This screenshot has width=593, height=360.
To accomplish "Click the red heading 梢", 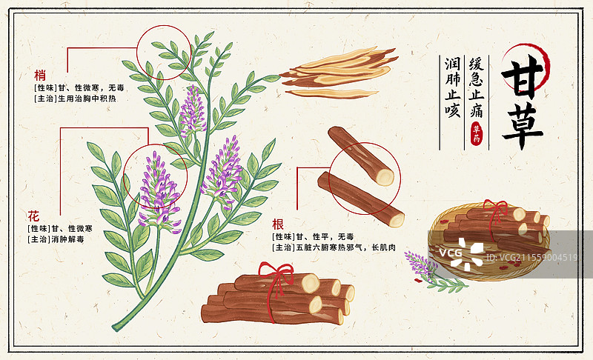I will point(39,74).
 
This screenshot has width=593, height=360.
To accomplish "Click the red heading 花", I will point(33,216).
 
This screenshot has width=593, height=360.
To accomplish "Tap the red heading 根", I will point(277,223).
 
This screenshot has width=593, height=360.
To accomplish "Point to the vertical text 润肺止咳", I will point(452,87).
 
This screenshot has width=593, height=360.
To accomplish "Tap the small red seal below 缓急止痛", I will point(476,134).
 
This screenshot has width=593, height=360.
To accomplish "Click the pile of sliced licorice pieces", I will point(337,73).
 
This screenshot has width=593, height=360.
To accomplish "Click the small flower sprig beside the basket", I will point(428,270).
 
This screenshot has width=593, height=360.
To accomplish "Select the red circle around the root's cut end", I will point(364,173).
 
